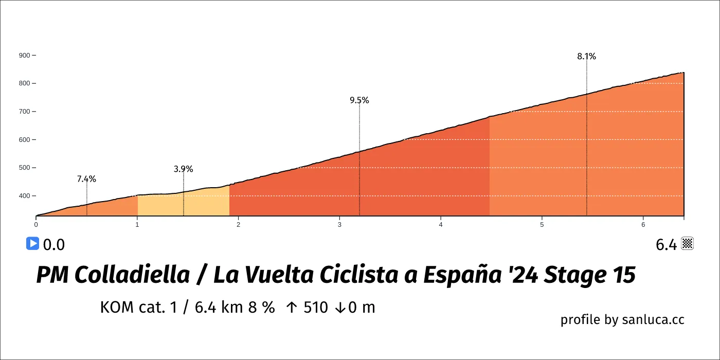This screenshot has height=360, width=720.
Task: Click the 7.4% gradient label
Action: point(86,179)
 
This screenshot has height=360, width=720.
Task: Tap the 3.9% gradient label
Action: point(183,169)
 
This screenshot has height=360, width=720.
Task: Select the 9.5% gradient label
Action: point(359,100)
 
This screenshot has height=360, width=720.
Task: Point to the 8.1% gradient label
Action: point(586,57)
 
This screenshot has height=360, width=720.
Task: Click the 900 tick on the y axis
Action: point(24,55)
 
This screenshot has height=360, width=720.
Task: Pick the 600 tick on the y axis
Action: point(24,139)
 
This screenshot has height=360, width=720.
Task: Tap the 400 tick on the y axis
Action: point(24,196)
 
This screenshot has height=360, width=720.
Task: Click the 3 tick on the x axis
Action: point(339,224)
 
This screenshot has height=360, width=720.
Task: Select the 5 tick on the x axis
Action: point(542,224)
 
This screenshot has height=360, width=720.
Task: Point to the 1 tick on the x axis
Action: point(137,224)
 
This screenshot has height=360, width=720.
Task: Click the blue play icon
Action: point(32,243)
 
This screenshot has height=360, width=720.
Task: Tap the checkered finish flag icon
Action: point(688,244)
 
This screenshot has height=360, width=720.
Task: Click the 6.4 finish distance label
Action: point(666,245)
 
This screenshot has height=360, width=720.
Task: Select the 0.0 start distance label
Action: point(53,245)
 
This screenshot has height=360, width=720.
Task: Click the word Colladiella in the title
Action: point(132,276)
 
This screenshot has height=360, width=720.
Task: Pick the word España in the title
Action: point(469,276)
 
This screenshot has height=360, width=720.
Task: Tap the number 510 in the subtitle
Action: point(316,308)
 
